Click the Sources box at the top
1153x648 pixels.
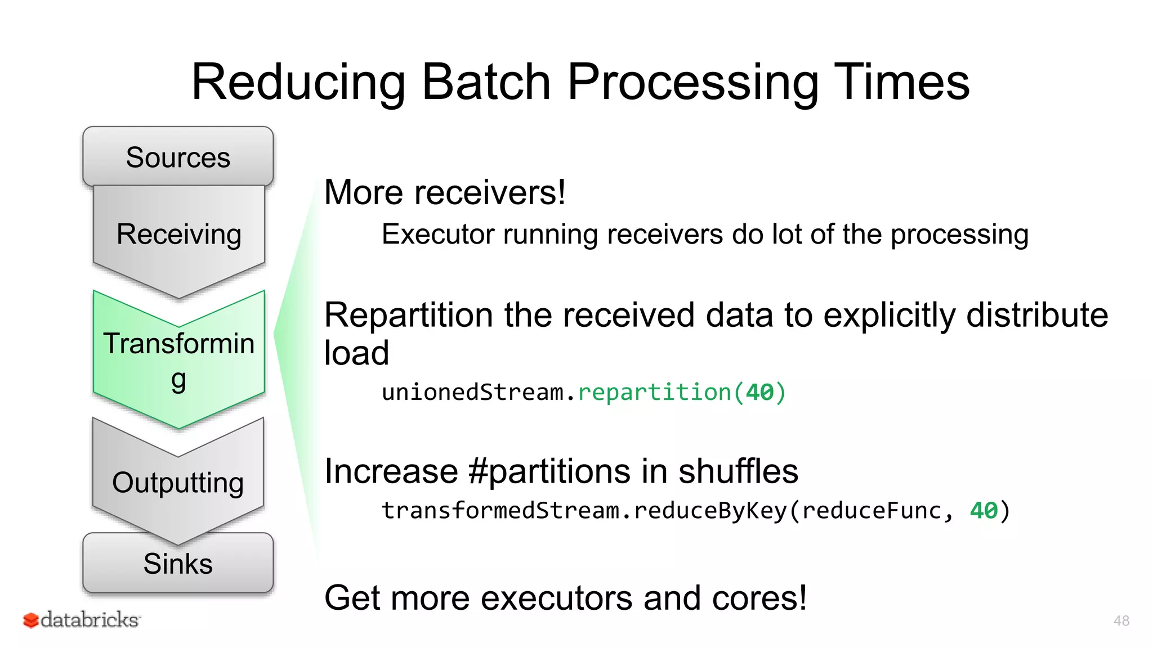coord(178,157)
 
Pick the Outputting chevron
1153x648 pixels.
coord(178,483)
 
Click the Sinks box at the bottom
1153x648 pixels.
coord(178,564)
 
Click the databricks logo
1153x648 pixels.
coord(82,619)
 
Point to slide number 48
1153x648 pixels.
coord(1121,620)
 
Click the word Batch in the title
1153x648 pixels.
coord(486,82)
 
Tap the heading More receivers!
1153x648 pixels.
coord(445,192)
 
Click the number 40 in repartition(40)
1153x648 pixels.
coord(759,392)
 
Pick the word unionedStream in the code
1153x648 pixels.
coord(472,392)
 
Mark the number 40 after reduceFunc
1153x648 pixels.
coord(983,511)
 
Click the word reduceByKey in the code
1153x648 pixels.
coord(710,511)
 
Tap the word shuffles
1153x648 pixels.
coord(738,471)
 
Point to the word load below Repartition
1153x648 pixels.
coord(356,353)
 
